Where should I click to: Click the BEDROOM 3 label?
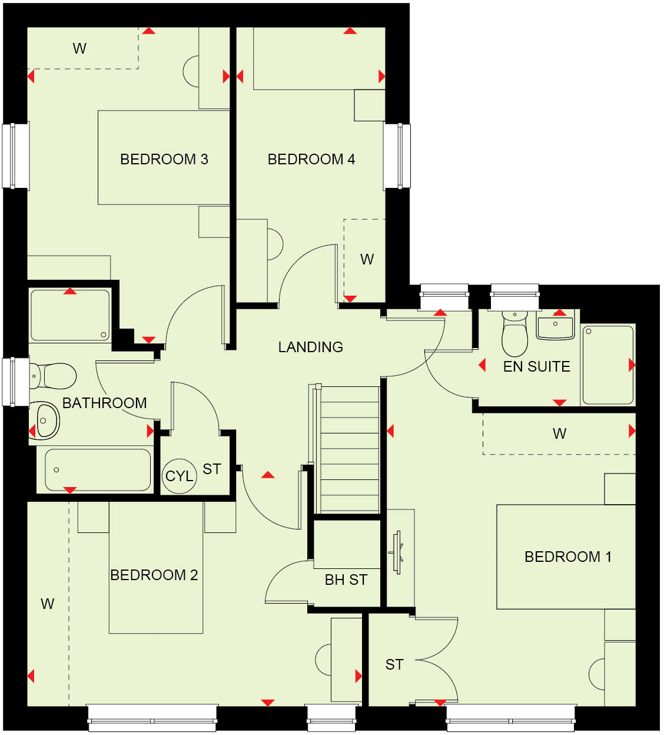point(164,159)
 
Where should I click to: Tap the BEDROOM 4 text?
point(311,159)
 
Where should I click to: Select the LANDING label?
point(310,347)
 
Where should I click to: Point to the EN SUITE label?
point(536,366)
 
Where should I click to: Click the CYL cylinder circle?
point(179,476)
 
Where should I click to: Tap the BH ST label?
point(346,580)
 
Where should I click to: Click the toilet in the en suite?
point(514,336)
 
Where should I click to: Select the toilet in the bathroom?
point(54,376)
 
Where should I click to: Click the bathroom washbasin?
point(45,421)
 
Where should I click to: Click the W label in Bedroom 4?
point(367,259)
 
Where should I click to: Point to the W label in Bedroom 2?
point(47,604)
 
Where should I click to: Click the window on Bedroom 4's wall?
point(397,156)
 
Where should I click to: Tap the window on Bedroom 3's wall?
point(16,156)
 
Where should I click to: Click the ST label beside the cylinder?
point(212,469)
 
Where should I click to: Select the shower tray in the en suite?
point(607,365)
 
